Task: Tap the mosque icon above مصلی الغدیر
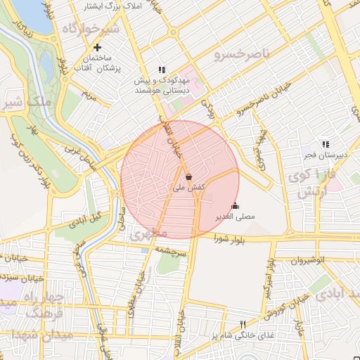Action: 234,205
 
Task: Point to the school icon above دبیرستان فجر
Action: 325,143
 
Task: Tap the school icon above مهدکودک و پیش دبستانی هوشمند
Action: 162,70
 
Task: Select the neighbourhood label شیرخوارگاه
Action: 91,29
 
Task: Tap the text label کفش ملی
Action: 188,188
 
